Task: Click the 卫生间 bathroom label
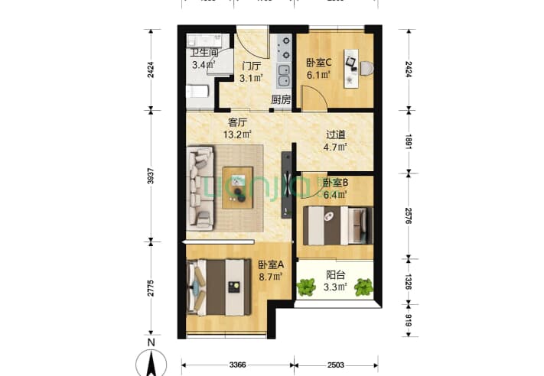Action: coord(204,53)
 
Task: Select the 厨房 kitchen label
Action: coord(281,99)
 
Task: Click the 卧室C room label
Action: coord(318,63)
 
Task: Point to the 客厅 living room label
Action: coord(238,122)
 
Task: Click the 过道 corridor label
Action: coord(334,135)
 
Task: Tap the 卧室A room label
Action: coord(270,264)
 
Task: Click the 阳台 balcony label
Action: coord(336,277)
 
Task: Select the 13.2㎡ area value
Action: coord(238,135)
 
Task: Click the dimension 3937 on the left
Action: coord(151,177)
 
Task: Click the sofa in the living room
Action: coord(201,187)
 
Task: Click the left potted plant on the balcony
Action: coord(306,287)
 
